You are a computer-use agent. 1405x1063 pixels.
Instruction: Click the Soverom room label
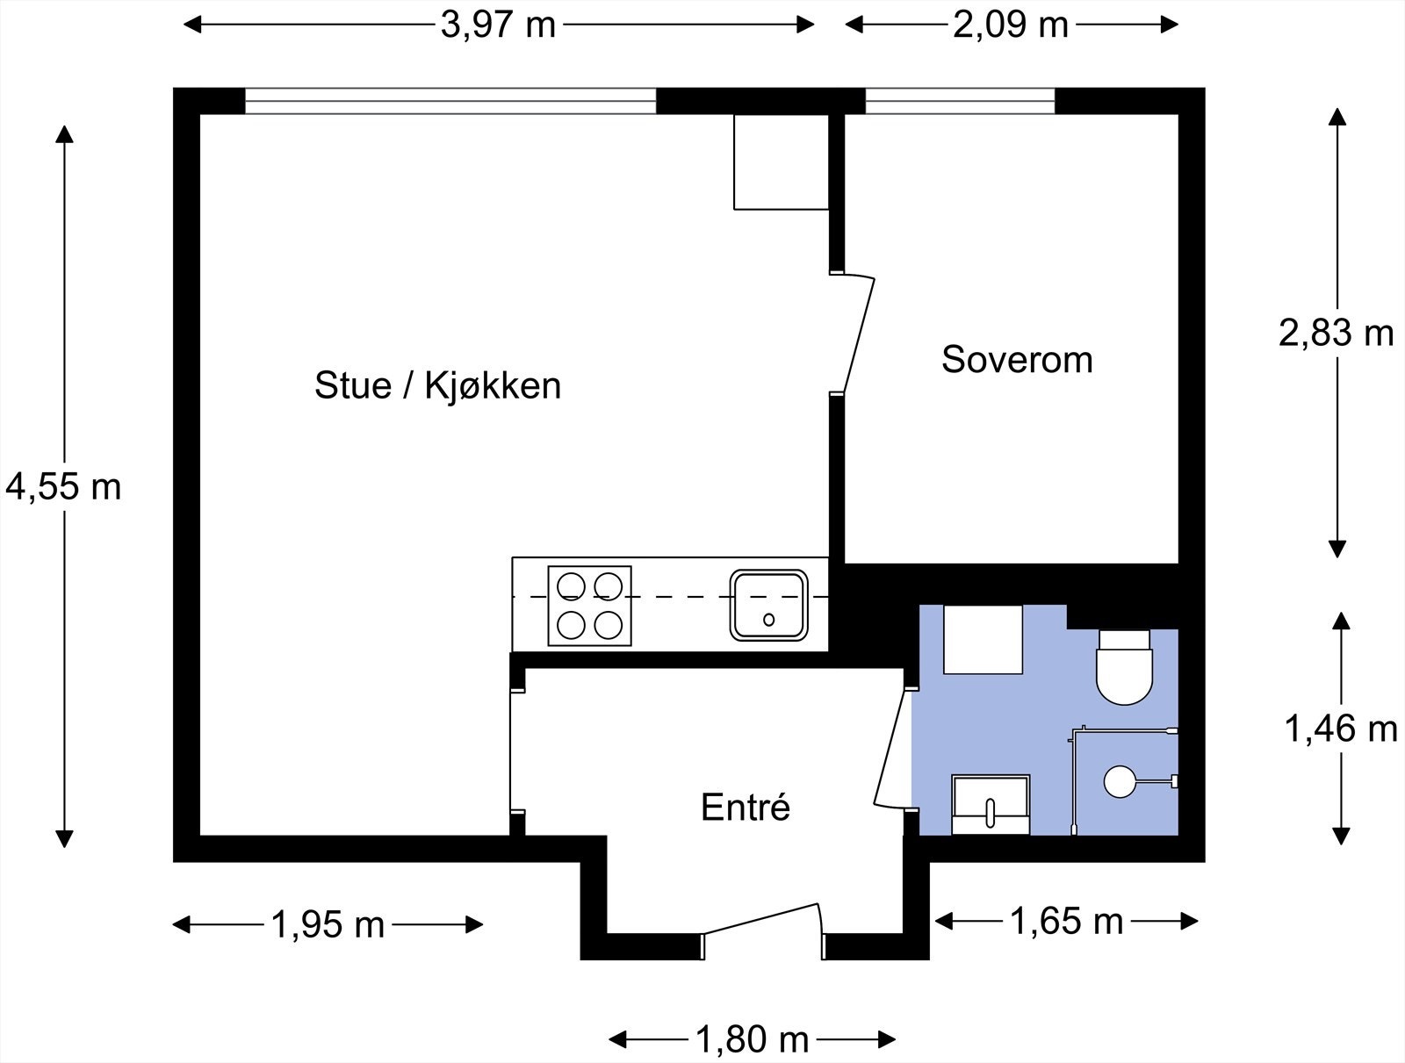(1017, 360)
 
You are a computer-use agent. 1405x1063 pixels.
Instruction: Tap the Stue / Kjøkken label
(437, 385)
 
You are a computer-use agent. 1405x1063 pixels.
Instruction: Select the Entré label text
(746, 808)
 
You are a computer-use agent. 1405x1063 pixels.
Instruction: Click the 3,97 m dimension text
(498, 25)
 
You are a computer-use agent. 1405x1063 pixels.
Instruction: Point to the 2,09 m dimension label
(1011, 25)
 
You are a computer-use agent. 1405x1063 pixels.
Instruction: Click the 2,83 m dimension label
(1336, 334)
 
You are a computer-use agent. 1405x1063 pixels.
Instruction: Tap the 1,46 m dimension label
(1340, 729)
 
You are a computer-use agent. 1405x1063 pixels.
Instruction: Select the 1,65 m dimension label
(1066, 921)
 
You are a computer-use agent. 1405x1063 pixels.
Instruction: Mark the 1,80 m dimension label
(752, 1039)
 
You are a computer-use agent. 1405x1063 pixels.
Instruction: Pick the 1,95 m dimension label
(328, 924)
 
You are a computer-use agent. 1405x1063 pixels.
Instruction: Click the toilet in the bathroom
(1124, 668)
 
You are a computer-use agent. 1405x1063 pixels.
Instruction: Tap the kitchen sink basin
(768, 605)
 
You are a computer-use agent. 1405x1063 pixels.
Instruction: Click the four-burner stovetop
(589, 606)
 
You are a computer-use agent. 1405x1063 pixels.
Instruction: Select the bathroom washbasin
(991, 804)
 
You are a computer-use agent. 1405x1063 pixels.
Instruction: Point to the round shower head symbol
(1120, 781)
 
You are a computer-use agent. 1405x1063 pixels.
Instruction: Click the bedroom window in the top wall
(960, 101)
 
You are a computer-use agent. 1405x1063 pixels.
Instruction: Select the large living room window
(450, 101)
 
